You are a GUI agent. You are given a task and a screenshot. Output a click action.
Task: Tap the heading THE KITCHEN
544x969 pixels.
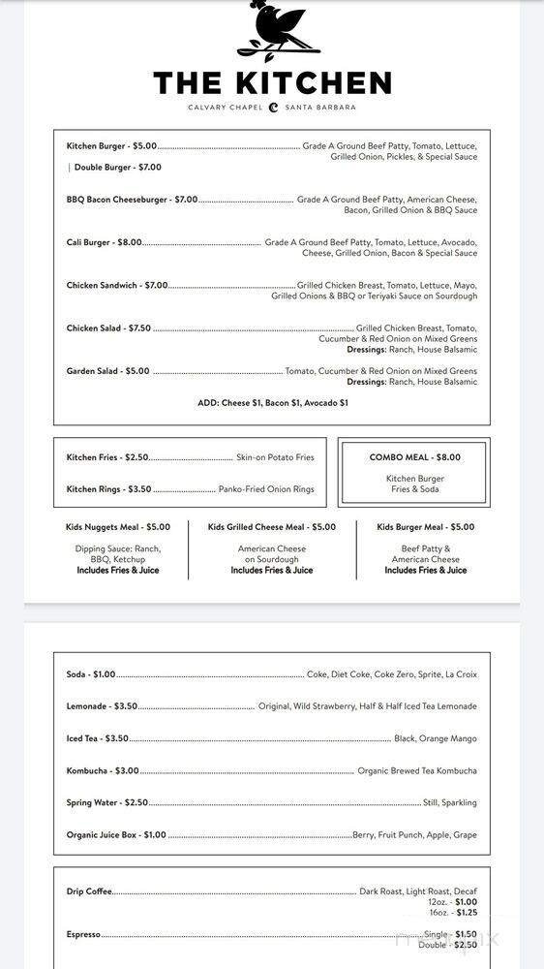(272, 83)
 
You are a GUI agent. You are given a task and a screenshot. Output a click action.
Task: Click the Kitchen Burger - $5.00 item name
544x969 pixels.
(111, 146)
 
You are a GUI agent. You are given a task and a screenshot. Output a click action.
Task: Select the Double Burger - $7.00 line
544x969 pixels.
(118, 168)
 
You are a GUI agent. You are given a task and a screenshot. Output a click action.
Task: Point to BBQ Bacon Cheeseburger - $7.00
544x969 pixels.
(132, 200)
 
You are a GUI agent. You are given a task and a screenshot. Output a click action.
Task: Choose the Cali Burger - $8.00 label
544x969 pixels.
(105, 242)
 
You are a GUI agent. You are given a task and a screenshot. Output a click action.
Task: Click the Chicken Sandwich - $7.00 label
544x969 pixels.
(117, 286)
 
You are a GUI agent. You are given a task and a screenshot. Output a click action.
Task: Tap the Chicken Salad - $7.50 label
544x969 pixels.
(108, 328)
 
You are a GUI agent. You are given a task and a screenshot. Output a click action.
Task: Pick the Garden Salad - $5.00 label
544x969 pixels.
(107, 371)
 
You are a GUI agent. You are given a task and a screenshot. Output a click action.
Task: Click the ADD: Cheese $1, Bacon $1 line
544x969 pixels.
(272, 402)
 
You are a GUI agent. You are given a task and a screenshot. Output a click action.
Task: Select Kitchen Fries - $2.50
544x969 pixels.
(107, 457)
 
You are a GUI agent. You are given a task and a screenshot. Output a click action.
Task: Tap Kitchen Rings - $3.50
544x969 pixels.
(108, 489)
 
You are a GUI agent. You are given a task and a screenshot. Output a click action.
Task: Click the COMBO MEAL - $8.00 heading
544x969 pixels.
(414, 457)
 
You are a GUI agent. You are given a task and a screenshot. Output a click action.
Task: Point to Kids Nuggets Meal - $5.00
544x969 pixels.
(118, 527)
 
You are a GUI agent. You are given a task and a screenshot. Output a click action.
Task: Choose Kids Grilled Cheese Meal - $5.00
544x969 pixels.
(272, 527)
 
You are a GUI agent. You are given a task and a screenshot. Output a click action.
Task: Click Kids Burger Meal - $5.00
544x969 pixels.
(425, 527)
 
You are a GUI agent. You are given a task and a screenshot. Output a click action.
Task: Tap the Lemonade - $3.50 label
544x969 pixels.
(102, 706)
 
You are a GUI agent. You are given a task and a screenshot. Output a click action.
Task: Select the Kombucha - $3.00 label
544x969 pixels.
(103, 771)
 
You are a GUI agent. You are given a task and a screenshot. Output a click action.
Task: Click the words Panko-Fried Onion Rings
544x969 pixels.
(266, 489)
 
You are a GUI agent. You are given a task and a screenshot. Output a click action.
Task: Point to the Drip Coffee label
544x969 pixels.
(89, 891)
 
